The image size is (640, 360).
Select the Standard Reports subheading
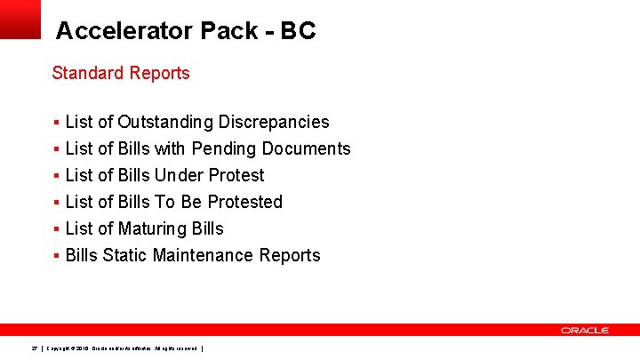point(121,73)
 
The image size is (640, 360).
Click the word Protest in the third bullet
point(236,175)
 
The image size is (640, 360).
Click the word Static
point(125,255)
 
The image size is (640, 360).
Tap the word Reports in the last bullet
point(290,255)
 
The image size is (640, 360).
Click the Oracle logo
point(585,330)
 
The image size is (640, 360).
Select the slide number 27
point(34,347)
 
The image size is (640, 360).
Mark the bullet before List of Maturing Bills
point(56,228)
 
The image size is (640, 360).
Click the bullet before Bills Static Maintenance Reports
point(56,255)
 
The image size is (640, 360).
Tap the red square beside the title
point(20,18)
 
